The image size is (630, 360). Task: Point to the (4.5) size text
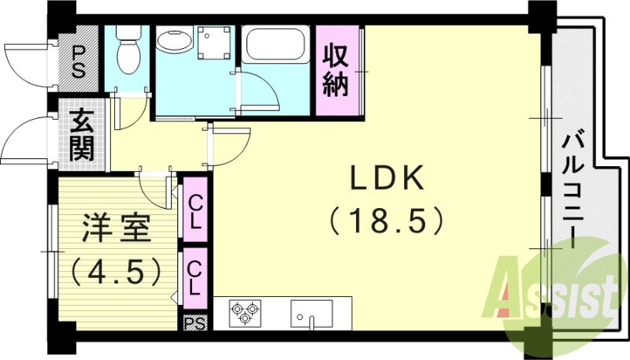click(116, 271)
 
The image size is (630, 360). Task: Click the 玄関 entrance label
click(81, 136)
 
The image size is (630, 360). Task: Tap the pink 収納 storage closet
click(335, 71)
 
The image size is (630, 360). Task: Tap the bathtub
click(276, 45)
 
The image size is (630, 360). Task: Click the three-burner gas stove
click(244, 314)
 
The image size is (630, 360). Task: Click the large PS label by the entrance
click(79, 58)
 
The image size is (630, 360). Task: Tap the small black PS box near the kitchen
click(195, 322)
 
